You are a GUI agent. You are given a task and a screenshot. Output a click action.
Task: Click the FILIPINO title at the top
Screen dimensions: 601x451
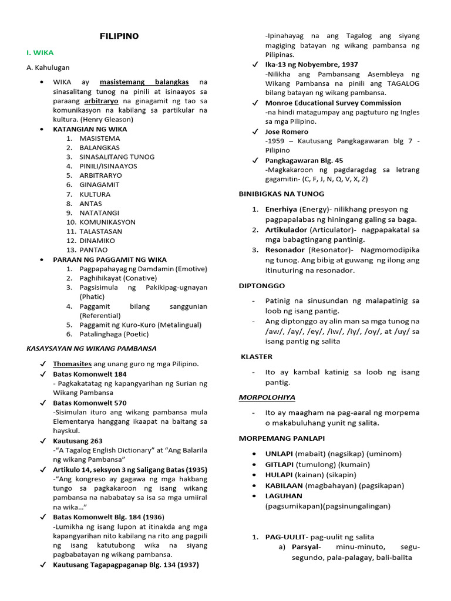(119, 36)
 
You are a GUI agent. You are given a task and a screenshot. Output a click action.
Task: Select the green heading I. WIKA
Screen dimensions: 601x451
(40, 53)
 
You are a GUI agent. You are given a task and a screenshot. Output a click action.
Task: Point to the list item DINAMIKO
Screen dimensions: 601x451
(97, 241)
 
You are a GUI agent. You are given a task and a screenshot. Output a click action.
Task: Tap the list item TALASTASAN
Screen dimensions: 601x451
(101, 231)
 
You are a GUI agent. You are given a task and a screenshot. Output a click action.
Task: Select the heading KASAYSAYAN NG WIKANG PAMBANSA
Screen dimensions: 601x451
(92, 348)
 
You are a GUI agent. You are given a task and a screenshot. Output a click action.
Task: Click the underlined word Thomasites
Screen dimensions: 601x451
(72, 364)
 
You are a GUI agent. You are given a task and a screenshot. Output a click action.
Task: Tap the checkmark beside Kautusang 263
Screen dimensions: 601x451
(43, 441)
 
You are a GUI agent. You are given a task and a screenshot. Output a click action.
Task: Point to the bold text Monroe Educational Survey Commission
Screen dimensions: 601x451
(333, 103)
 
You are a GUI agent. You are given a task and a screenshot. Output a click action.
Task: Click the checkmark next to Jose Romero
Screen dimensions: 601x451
(254, 132)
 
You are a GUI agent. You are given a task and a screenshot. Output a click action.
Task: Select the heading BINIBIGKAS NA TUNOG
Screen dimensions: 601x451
(281, 194)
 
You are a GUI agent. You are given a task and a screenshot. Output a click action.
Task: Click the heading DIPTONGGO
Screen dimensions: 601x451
(261, 286)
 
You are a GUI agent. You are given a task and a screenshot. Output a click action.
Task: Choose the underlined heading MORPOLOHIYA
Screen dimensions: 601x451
(267, 397)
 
